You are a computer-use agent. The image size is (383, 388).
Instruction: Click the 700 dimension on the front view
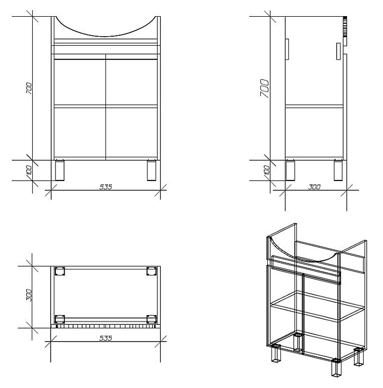pyautogui.click(x=29, y=88)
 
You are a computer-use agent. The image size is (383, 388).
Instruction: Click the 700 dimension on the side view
pyautogui.click(x=265, y=88)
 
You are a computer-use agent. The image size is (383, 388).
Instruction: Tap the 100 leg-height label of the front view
pyautogui.click(x=29, y=170)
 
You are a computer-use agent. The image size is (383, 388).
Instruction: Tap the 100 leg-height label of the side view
pyautogui.click(x=267, y=170)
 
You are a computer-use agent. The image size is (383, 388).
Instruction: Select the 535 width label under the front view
pyautogui.click(x=105, y=187)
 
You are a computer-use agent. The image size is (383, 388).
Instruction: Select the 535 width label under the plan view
pyautogui.click(x=105, y=338)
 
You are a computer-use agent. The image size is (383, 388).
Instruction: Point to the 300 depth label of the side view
pyautogui.click(x=314, y=187)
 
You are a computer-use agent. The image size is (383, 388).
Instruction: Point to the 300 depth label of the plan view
pyautogui.click(x=29, y=295)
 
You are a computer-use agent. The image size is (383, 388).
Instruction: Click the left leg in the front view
pyautogui.click(x=60, y=170)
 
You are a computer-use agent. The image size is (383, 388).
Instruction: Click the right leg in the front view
pyautogui.click(x=152, y=170)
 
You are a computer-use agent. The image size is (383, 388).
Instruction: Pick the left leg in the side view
pyautogui.click(x=290, y=170)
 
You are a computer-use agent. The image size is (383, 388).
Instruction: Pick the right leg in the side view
pyautogui.click(x=338, y=170)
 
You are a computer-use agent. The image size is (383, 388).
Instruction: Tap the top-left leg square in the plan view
pyautogui.click(x=60, y=271)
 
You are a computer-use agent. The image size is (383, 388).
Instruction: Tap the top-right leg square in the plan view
pyautogui.click(x=151, y=271)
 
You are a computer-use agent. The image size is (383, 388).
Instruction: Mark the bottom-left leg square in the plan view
pyautogui.click(x=60, y=319)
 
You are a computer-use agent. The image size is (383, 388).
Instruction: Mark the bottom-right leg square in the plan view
pyautogui.click(x=151, y=319)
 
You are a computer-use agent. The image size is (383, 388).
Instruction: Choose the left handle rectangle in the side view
pyautogui.click(x=287, y=49)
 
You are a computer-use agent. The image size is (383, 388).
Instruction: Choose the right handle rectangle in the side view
pyautogui.click(x=338, y=51)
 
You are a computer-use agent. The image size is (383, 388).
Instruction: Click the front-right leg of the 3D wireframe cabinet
pyautogui.click(x=336, y=368)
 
